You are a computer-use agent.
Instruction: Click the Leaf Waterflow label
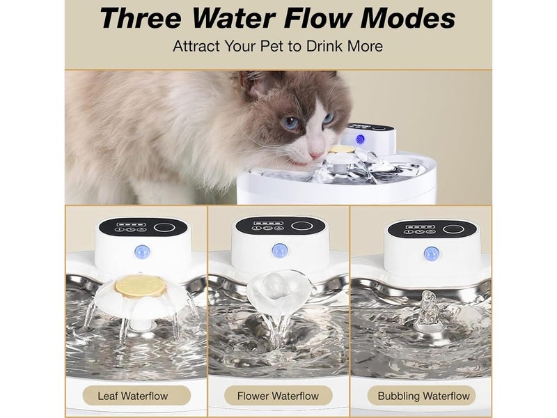[133, 396]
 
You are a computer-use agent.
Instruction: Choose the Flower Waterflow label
[278, 396]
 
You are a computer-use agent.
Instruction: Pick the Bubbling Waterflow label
[423, 396]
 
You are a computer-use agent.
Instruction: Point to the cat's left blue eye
[291, 123]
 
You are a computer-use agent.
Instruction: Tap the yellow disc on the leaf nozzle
[141, 286]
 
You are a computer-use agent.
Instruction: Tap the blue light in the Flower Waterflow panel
[280, 250]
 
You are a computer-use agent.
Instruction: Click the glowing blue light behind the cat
[360, 139]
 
